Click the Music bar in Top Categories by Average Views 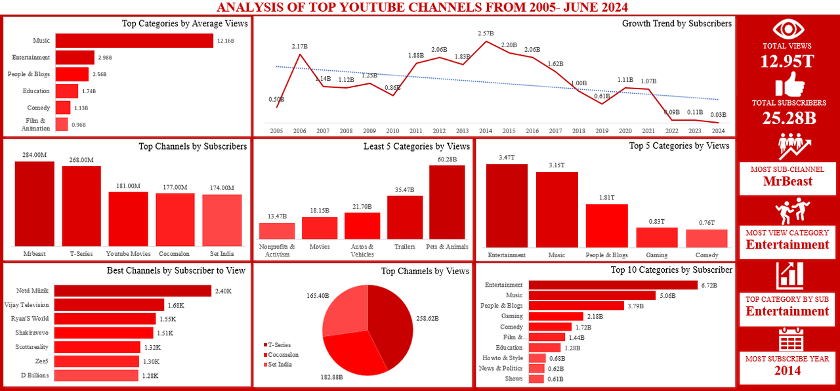[x=135, y=41]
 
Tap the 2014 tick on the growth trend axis [x=486, y=131]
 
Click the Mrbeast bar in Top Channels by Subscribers [x=34, y=203]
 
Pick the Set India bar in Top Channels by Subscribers [x=222, y=220]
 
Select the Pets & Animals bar [x=446, y=202]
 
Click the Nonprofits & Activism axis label [x=277, y=250]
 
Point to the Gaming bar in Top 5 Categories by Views [x=657, y=237]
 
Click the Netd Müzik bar [x=133, y=291]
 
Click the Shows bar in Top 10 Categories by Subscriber [x=536, y=379]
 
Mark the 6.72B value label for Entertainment [x=709, y=285]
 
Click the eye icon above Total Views [x=787, y=29]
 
